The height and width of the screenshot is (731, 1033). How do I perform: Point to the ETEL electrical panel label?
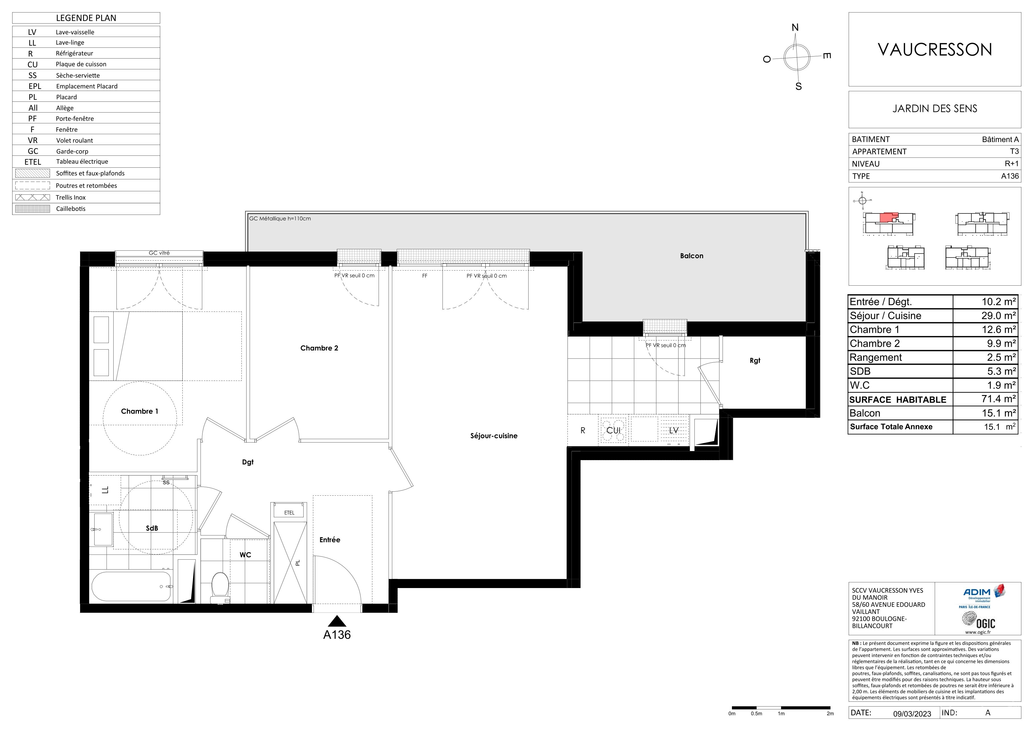coord(289,513)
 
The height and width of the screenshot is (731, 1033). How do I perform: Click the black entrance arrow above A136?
coord(337,621)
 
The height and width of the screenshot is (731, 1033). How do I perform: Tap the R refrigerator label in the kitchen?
coord(583,430)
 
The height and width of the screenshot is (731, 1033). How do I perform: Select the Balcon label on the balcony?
coord(692,256)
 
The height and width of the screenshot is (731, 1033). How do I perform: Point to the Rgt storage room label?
coord(755,361)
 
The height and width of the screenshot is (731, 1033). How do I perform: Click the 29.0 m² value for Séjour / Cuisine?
coord(998,315)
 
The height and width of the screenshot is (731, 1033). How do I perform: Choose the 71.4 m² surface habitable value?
coord(998,399)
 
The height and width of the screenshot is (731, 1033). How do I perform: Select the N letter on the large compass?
coord(795,28)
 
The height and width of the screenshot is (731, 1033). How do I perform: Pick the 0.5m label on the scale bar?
coord(756,713)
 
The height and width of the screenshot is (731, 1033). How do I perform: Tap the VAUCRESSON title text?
coord(935,49)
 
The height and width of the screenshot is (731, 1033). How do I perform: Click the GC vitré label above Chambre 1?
coord(159,253)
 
